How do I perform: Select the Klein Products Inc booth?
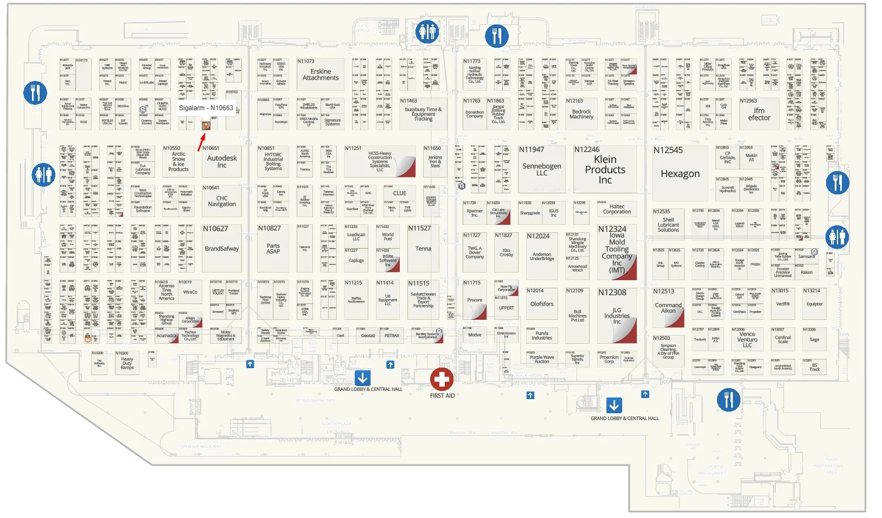[x=605, y=169]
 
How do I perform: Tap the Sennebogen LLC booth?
[x=542, y=169]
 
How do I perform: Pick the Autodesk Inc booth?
[x=222, y=161]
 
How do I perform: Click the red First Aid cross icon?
[x=442, y=380]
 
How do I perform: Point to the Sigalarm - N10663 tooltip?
[x=206, y=108]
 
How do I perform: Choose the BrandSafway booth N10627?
[x=222, y=248]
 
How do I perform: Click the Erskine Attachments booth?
[x=321, y=74]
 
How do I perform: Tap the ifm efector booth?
[x=759, y=113]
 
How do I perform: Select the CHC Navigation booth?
[x=222, y=201]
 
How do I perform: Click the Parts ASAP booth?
[x=273, y=248]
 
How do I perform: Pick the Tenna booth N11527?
[x=423, y=248]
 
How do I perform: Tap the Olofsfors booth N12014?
[x=542, y=304]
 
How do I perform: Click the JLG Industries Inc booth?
[x=617, y=315]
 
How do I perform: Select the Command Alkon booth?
[x=668, y=307]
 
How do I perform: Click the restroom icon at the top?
[x=427, y=33]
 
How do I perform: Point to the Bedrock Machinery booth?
[x=581, y=113]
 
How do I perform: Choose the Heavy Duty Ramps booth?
[x=127, y=363]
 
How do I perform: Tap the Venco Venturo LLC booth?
[x=747, y=340]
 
